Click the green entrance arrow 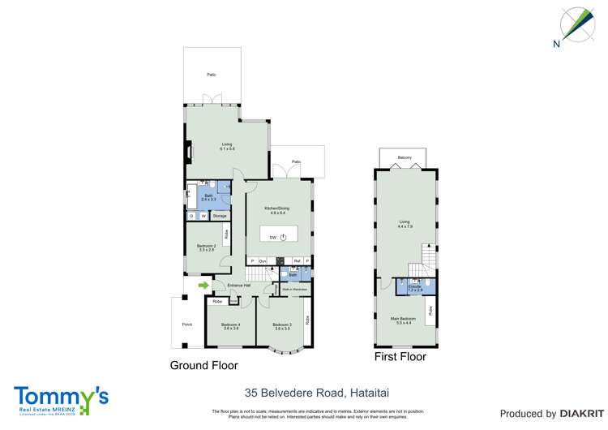pos(203,285)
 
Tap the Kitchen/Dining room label pos(278,209)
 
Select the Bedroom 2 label pos(205,247)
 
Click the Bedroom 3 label pos(282,326)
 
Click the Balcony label pos(405,157)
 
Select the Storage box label pos(220,216)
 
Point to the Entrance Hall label pos(238,286)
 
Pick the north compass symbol pos(576,26)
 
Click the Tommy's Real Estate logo pos(61,400)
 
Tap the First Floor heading pos(400,356)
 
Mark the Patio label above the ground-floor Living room pos(211,75)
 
